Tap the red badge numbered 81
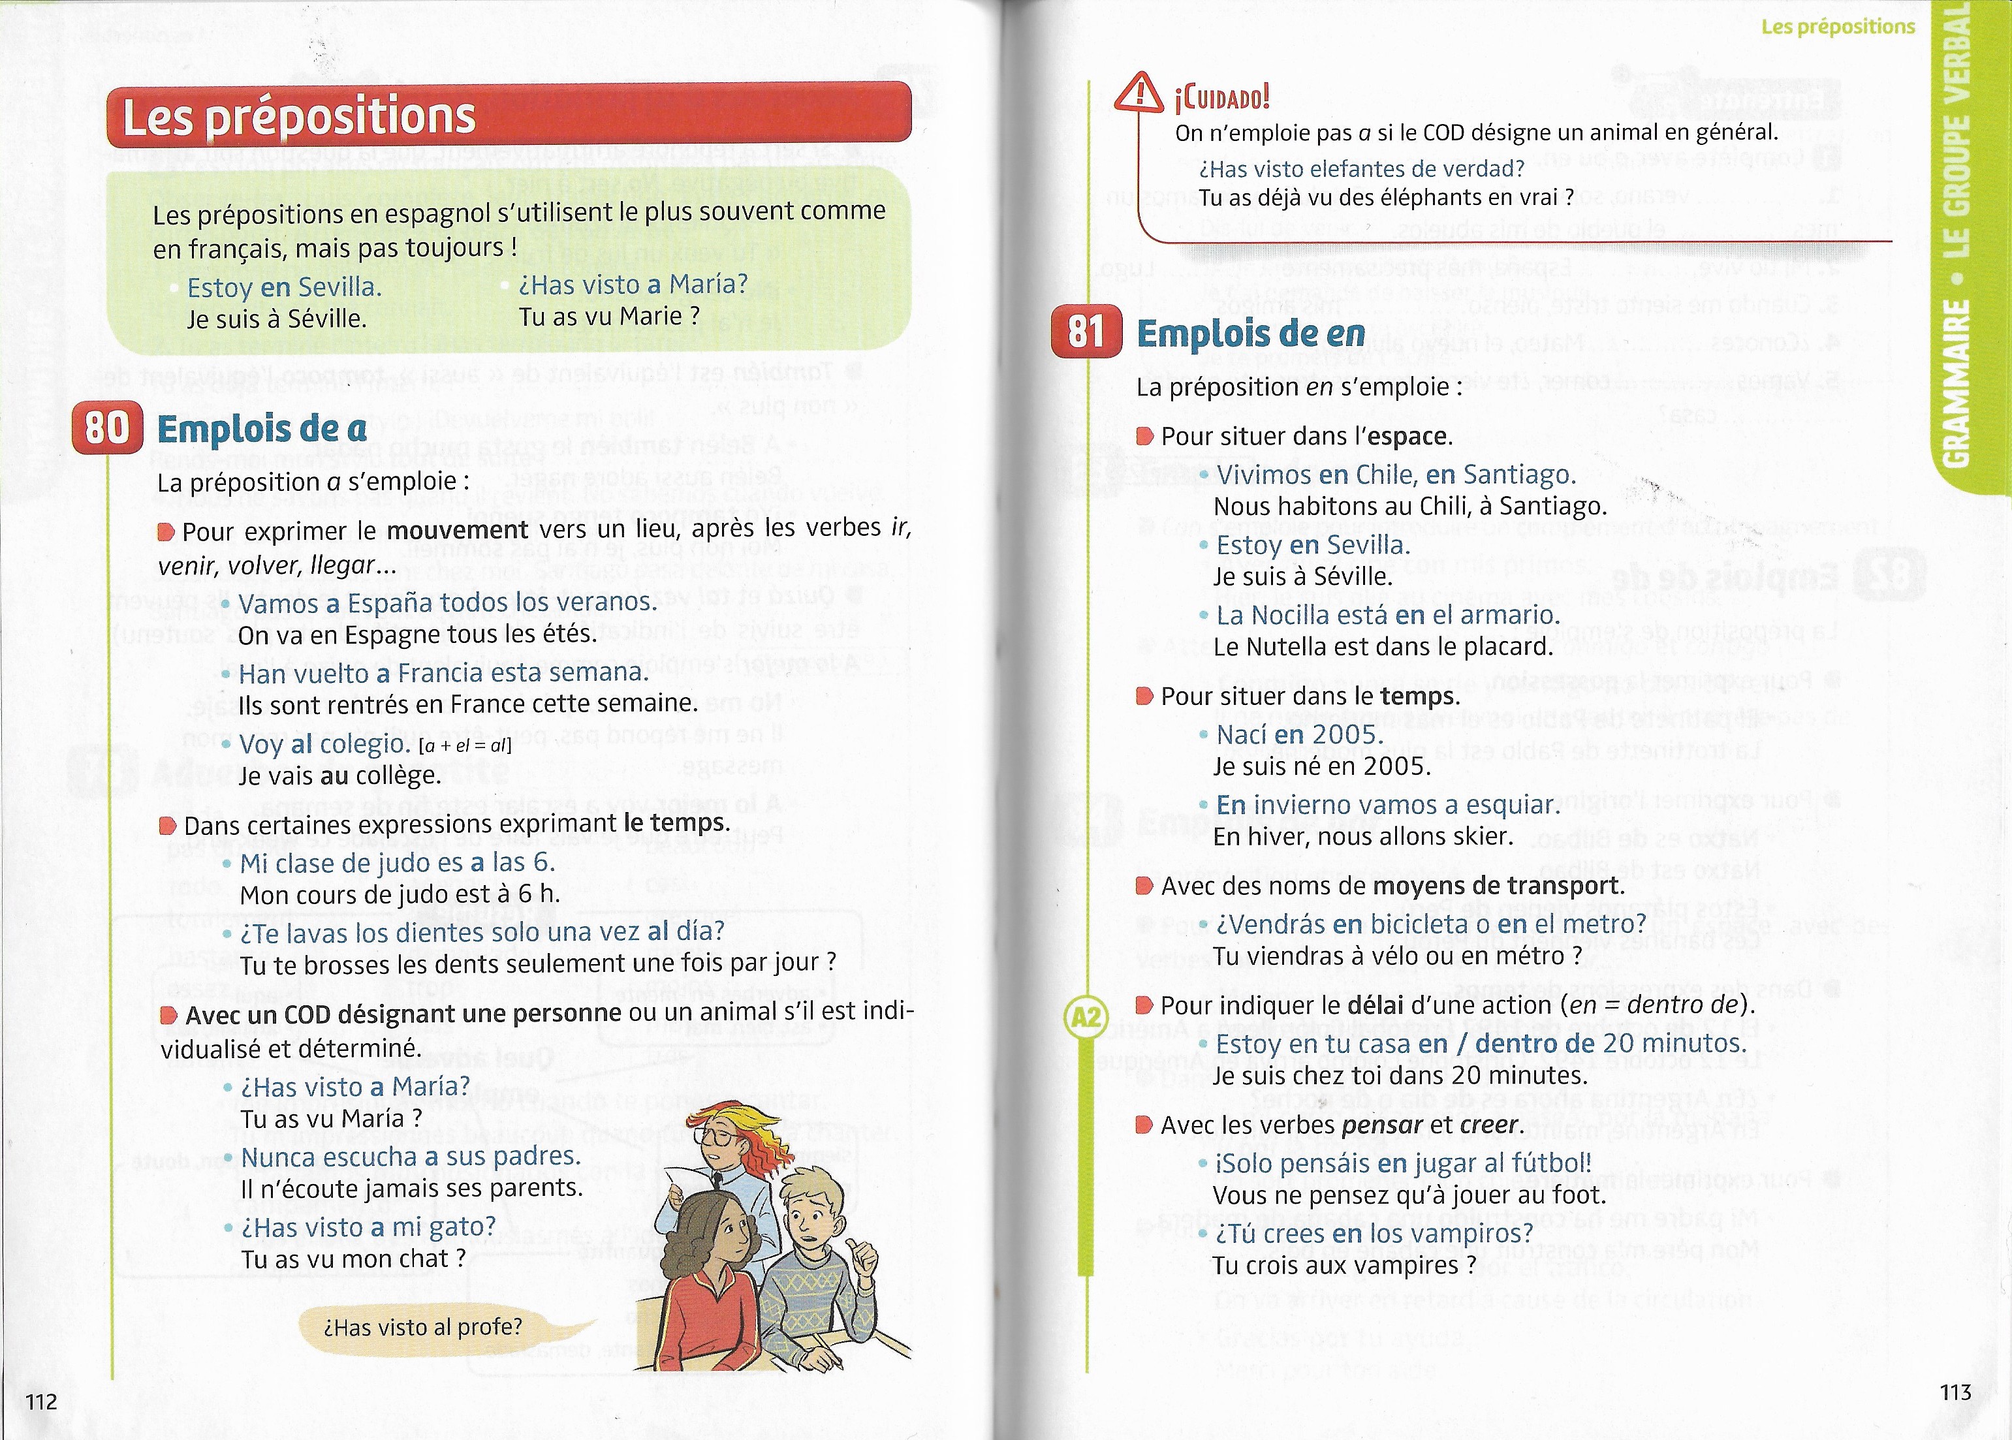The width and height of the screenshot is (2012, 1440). tap(1086, 332)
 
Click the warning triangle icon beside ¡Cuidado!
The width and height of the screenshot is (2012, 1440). tap(1139, 91)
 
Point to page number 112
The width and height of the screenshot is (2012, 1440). tap(42, 1401)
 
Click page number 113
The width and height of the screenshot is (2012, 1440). tap(1955, 1391)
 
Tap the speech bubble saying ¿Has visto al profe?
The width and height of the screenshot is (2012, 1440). tap(423, 1327)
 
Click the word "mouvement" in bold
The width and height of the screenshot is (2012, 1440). tap(458, 530)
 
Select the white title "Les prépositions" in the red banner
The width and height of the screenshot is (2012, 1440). tap(299, 116)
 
